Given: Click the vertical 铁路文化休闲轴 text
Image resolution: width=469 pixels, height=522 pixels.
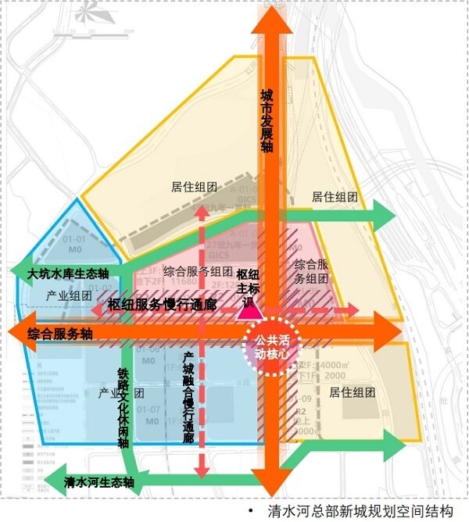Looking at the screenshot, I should [122, 408].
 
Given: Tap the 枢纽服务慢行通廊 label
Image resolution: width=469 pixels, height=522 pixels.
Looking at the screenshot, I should [162, 305].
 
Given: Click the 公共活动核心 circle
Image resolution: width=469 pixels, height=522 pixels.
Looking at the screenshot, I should [270, 345].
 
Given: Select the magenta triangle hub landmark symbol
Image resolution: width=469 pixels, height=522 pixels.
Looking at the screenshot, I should [249, 309].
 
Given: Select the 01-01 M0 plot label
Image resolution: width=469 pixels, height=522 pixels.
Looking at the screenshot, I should [75, 244].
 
